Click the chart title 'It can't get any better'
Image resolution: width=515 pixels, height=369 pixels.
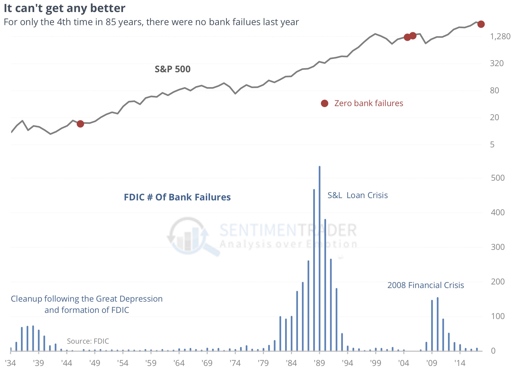coord(64,8)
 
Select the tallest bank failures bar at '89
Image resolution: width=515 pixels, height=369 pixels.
coord(320,256)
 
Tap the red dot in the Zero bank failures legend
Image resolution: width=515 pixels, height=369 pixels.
coord(324,103)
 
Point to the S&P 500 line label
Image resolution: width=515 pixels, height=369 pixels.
coord(173,69)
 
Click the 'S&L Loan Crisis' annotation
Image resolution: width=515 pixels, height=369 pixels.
coord(357,195)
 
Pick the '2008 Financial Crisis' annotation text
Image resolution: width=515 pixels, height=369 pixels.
coord(426,285)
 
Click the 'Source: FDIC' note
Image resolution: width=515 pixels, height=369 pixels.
coord(88,341)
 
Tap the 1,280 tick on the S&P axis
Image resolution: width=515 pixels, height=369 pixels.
coord(500,37)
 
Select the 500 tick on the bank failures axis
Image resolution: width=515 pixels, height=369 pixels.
coord(498,178)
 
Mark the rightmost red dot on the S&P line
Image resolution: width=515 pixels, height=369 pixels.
coord(481,24)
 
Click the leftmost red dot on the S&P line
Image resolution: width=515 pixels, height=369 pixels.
coord(80,124)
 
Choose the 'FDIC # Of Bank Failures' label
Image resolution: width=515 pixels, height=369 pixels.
coord(177,197)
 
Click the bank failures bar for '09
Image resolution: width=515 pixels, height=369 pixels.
coord(432,325)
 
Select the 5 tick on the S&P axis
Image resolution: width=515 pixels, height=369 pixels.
coord(492,145)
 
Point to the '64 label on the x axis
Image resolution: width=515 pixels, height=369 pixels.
coord(179,363)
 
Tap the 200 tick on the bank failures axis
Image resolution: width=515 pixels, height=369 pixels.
coord(498,282)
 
